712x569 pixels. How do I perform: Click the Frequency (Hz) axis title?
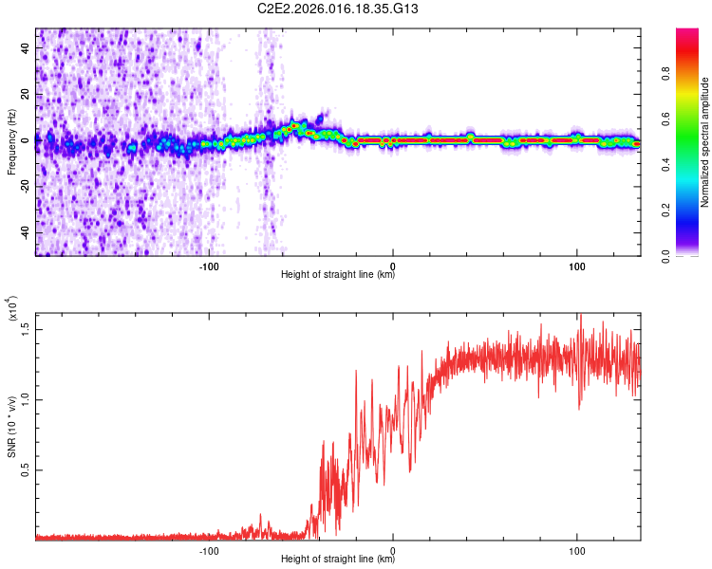click(11, 142)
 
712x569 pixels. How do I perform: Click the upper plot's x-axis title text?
click(338, 275)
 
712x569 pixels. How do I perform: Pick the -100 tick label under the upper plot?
click(209, 266)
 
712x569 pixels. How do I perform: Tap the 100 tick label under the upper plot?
click(577, 266)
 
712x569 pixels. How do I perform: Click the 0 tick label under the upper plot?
click(393, 266)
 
